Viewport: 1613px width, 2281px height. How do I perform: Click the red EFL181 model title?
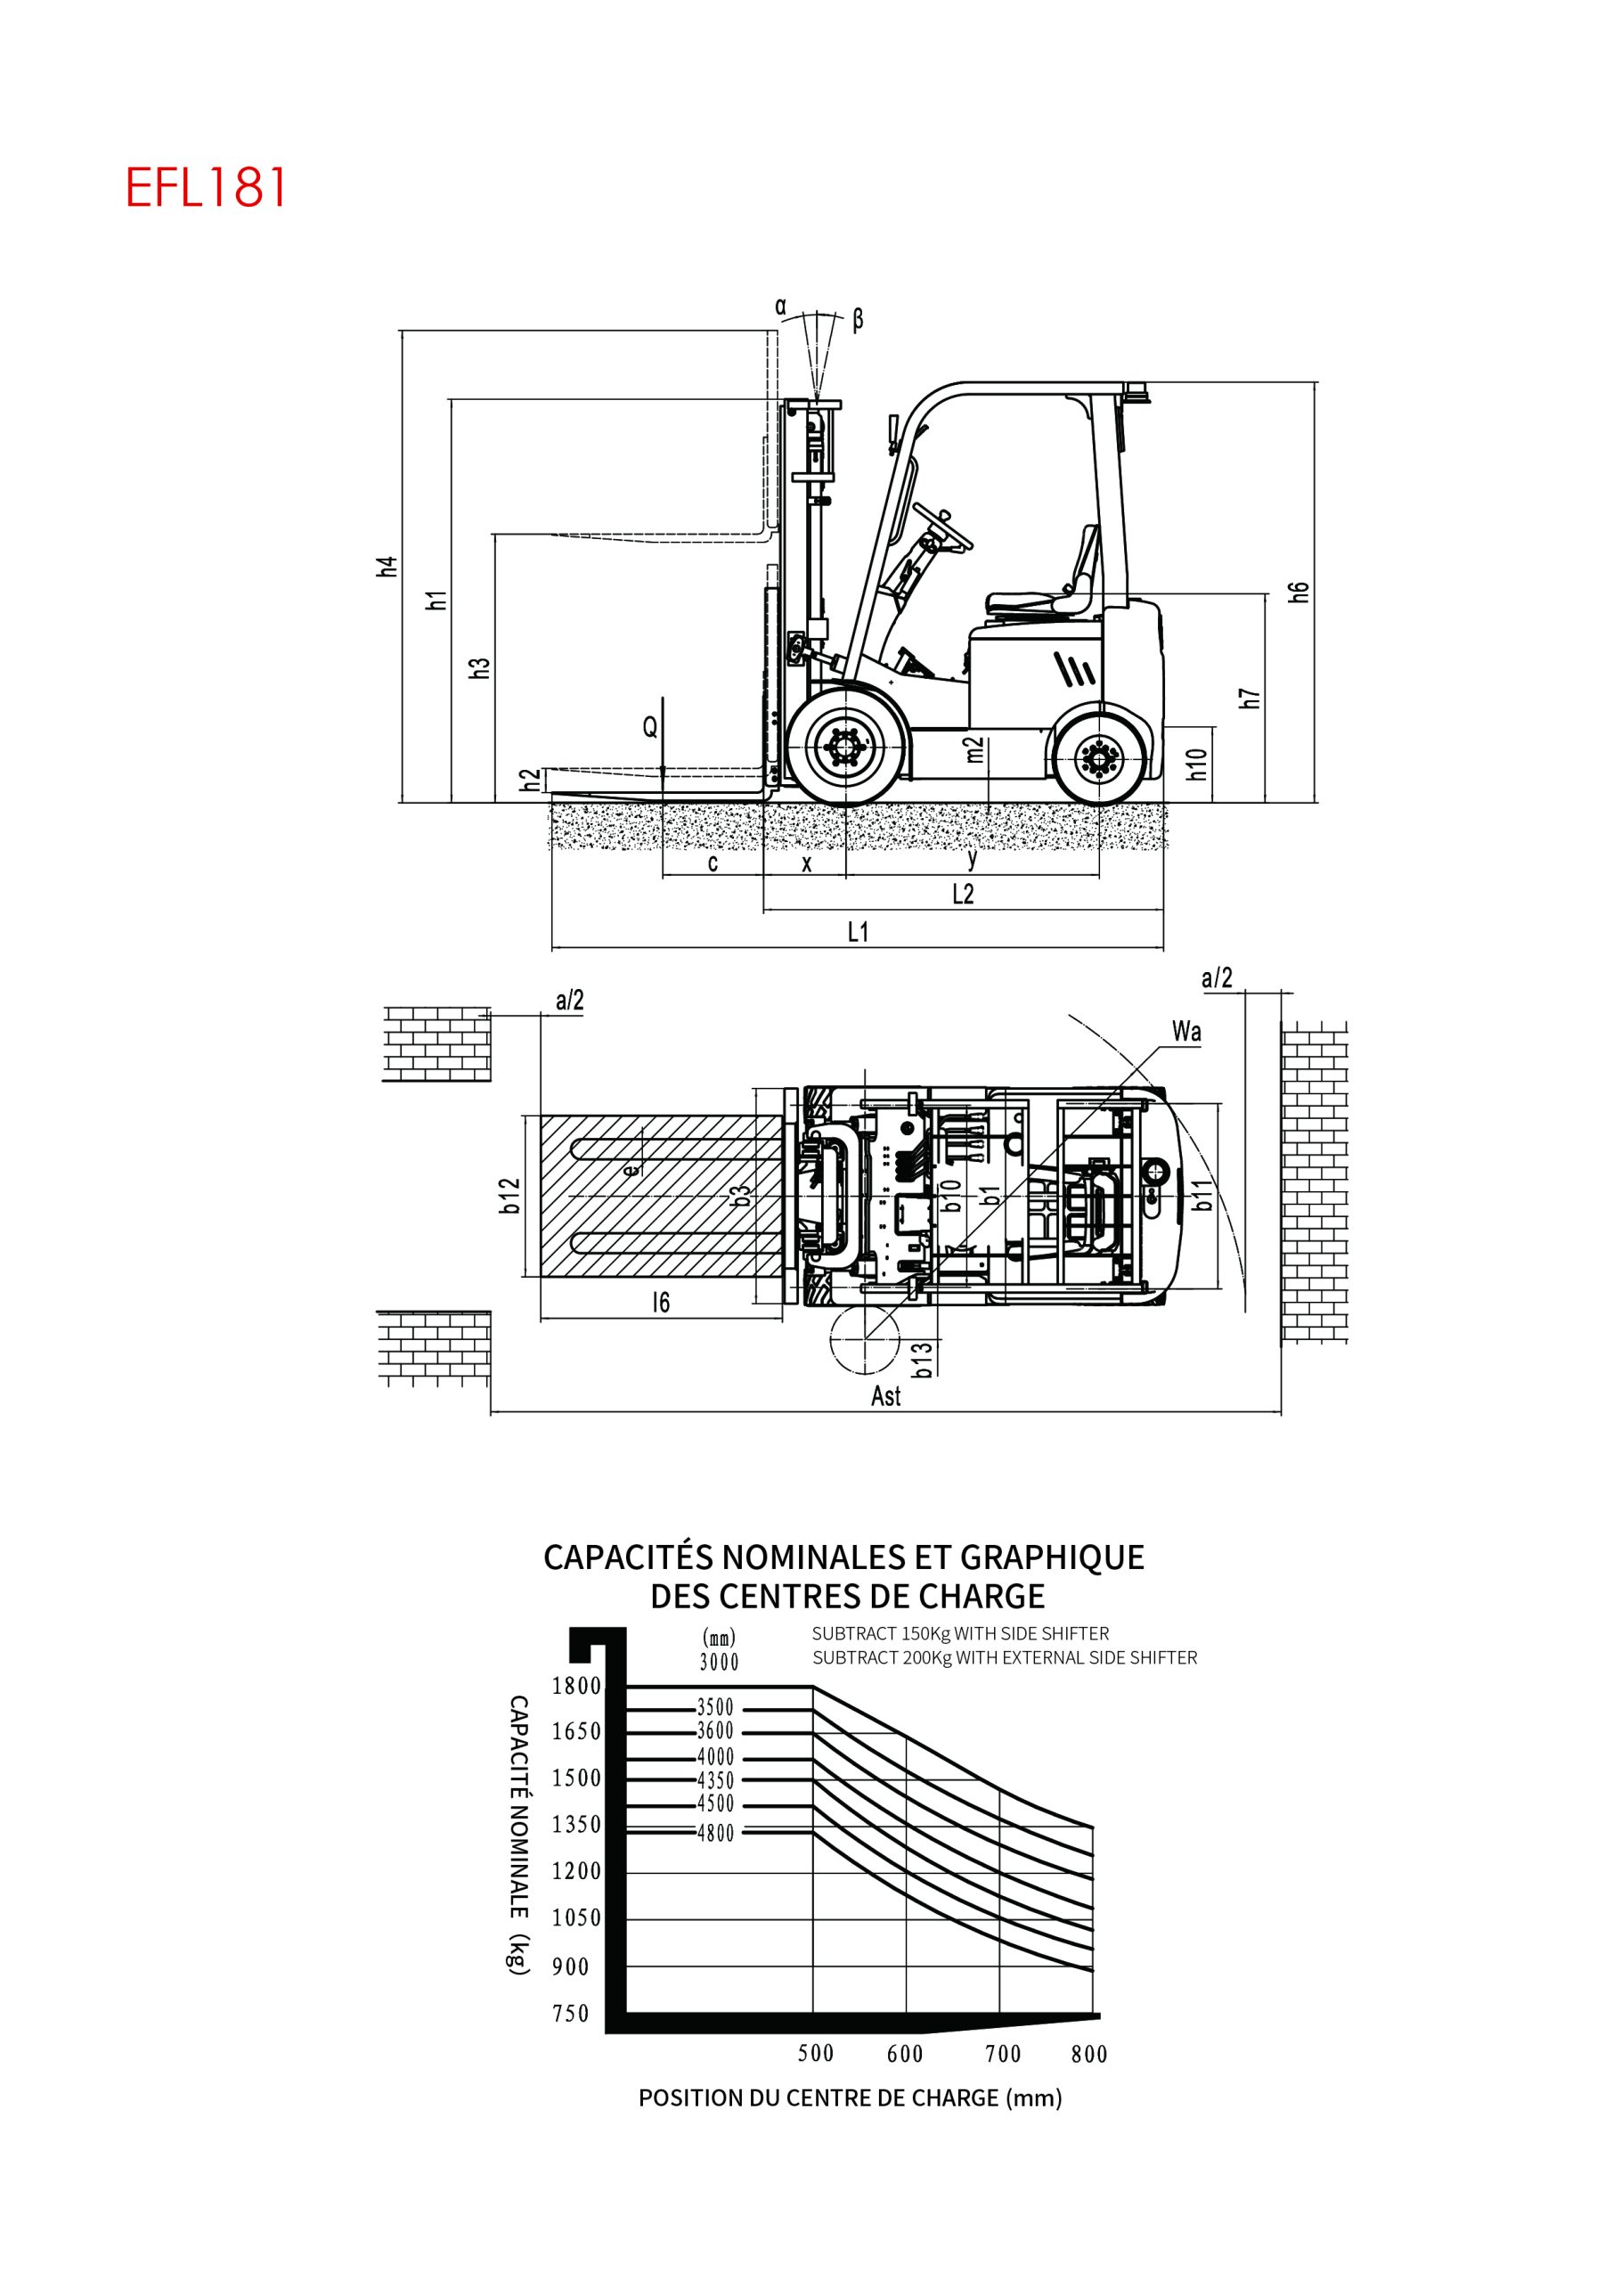[x=206, y=187]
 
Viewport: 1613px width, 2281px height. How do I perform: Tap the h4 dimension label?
[x=388, y=567]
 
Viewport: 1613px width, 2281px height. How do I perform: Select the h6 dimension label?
[x=1299, y=591]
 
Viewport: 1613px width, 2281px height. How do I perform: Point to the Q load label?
[x=650, y=727]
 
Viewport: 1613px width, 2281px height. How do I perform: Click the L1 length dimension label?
[x=858, y=932]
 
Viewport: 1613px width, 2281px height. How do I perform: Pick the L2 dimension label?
[x=963, y=894]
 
